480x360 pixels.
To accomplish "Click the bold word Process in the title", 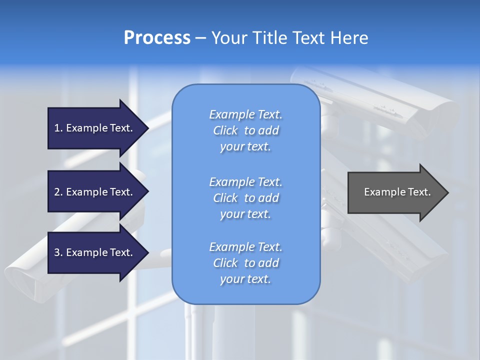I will [x=157, y=38].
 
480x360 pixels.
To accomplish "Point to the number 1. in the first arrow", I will [x=58, y=128].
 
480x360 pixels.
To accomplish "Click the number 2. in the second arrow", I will [x=58, y=192].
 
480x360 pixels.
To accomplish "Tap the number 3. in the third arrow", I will [x=58, y=252].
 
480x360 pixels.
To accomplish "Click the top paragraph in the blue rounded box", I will [x=245, y=130].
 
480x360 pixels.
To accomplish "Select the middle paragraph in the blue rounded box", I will [x=245, y=198].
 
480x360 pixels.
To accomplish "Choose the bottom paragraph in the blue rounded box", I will [x=245, y=263].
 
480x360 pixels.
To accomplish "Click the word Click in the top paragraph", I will [x=225, y=130].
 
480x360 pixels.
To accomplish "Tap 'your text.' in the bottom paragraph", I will [x=245, y=279].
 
